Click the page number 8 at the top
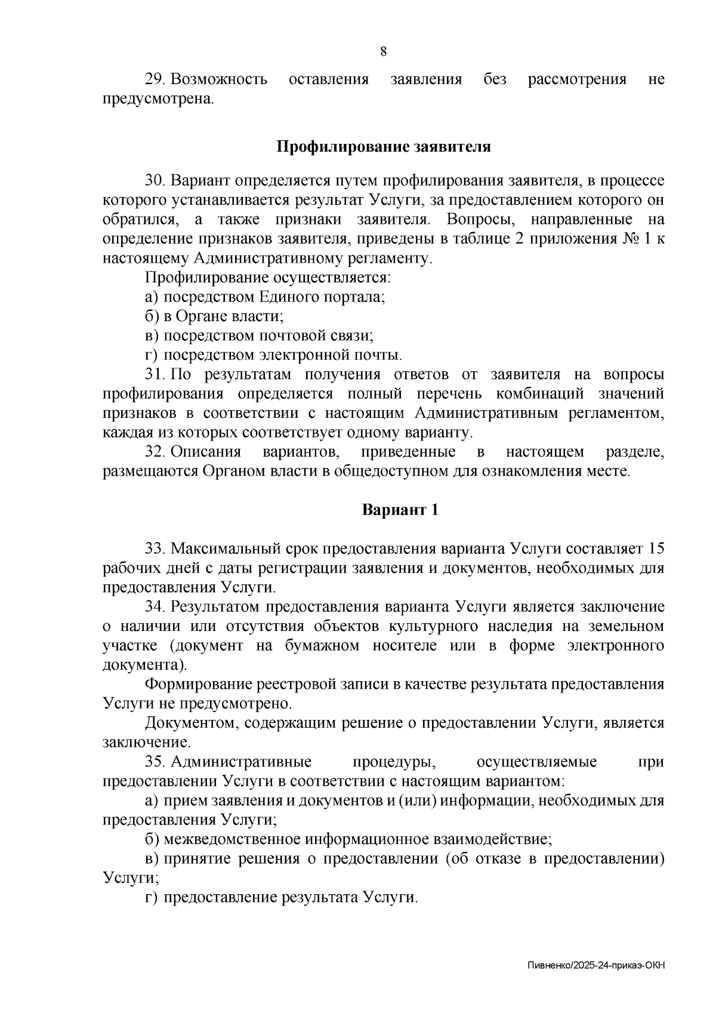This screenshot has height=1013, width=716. (384, 51)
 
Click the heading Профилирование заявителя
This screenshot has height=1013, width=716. (384, 147)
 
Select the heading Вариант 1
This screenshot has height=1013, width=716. (400, 510)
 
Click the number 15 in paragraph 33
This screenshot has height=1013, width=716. (655, 548)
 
